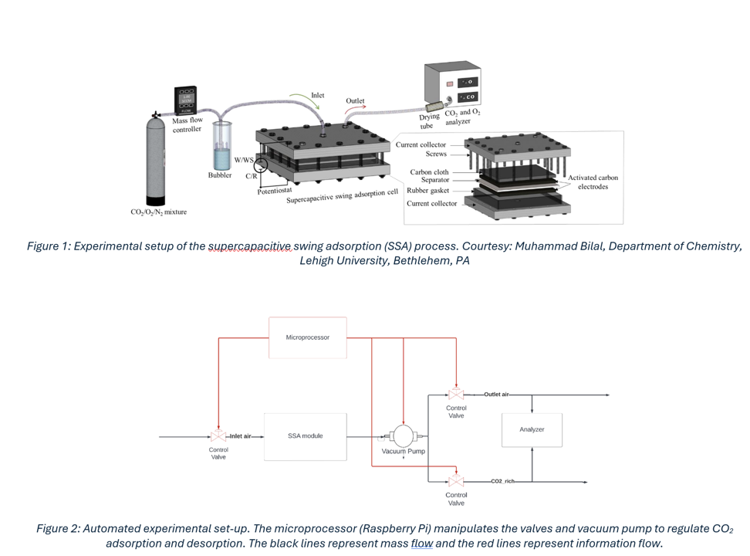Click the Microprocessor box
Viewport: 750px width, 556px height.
click(307, 337)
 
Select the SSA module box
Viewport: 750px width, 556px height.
click(305, 436)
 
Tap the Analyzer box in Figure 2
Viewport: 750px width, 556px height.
click(532, 430)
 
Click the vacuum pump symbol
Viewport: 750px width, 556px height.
click(404, 436)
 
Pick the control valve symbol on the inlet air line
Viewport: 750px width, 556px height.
click(218, 436)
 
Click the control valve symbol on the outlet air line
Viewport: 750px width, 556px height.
click(456, 395)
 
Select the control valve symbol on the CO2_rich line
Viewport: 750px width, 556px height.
click(456, 481)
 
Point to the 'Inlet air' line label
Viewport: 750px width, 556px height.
click(241, 436)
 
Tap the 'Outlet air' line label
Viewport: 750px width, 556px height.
click(496, 395)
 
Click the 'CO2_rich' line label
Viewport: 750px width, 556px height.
click(502, 481)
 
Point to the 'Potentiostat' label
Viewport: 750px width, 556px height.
click(275, 191)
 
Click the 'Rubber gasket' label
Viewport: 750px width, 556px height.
click(427, 191)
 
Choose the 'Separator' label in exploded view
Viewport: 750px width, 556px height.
click(434, 181)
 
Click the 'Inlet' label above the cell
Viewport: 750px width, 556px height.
click(318, 96)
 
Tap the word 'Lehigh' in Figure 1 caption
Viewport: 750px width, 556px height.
click(320, 260)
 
